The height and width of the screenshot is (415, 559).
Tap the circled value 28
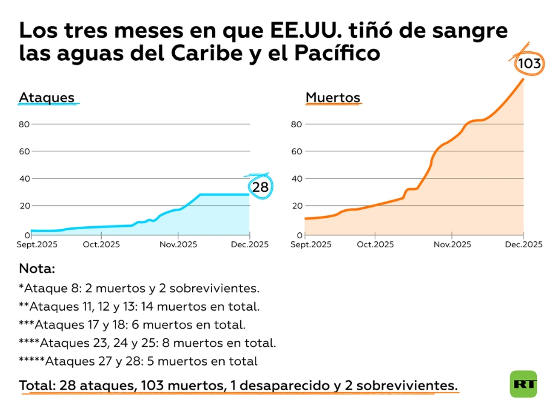(x=260, y=187)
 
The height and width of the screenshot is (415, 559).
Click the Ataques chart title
(x=46, y=98)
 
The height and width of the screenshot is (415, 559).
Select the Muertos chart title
(x=333, y=98)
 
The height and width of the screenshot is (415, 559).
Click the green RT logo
(x=523, y=384)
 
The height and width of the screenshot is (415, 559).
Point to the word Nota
(x=37, y=268)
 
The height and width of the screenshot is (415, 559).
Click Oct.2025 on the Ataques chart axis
(x=101, y=244)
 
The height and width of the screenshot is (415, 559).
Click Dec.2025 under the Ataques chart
(x=250, y=244)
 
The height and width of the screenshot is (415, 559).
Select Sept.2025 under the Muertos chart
(x=311, y=244)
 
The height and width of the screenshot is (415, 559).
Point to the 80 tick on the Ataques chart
(x=24, y=124)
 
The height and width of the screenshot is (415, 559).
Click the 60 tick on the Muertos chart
(x=296, y=151)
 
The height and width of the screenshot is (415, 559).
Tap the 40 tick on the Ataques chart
(x=24, y=178)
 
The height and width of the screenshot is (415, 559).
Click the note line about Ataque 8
(x=139, y=288)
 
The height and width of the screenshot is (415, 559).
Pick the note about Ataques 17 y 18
(x=133, y=325)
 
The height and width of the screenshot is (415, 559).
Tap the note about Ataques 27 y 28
(x=139, y=361)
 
